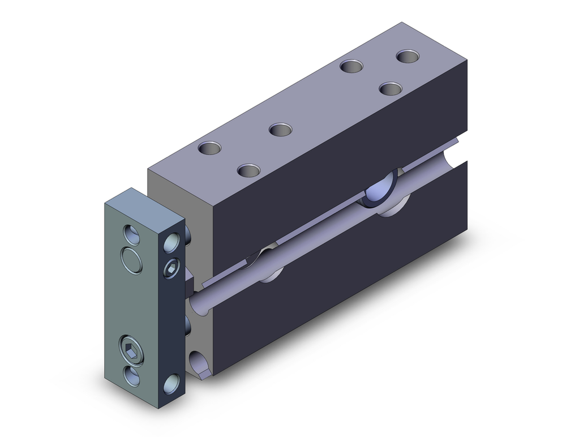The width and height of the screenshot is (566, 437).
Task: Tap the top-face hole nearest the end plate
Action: (x=209, y=149)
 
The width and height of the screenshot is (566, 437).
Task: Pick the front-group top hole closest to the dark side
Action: (x=248, y=169)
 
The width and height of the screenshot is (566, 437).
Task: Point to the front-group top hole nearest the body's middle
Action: (x=280, y=130)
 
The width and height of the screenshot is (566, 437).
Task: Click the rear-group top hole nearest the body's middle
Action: (x=351, y=66)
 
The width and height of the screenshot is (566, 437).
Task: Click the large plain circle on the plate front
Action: (x=131, y=260)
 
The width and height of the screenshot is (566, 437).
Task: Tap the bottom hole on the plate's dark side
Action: (x=171, y=385)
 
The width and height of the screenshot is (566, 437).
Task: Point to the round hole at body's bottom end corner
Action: (x=200, y=362)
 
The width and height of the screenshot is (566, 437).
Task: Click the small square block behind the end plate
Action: (x=189, y=281)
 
